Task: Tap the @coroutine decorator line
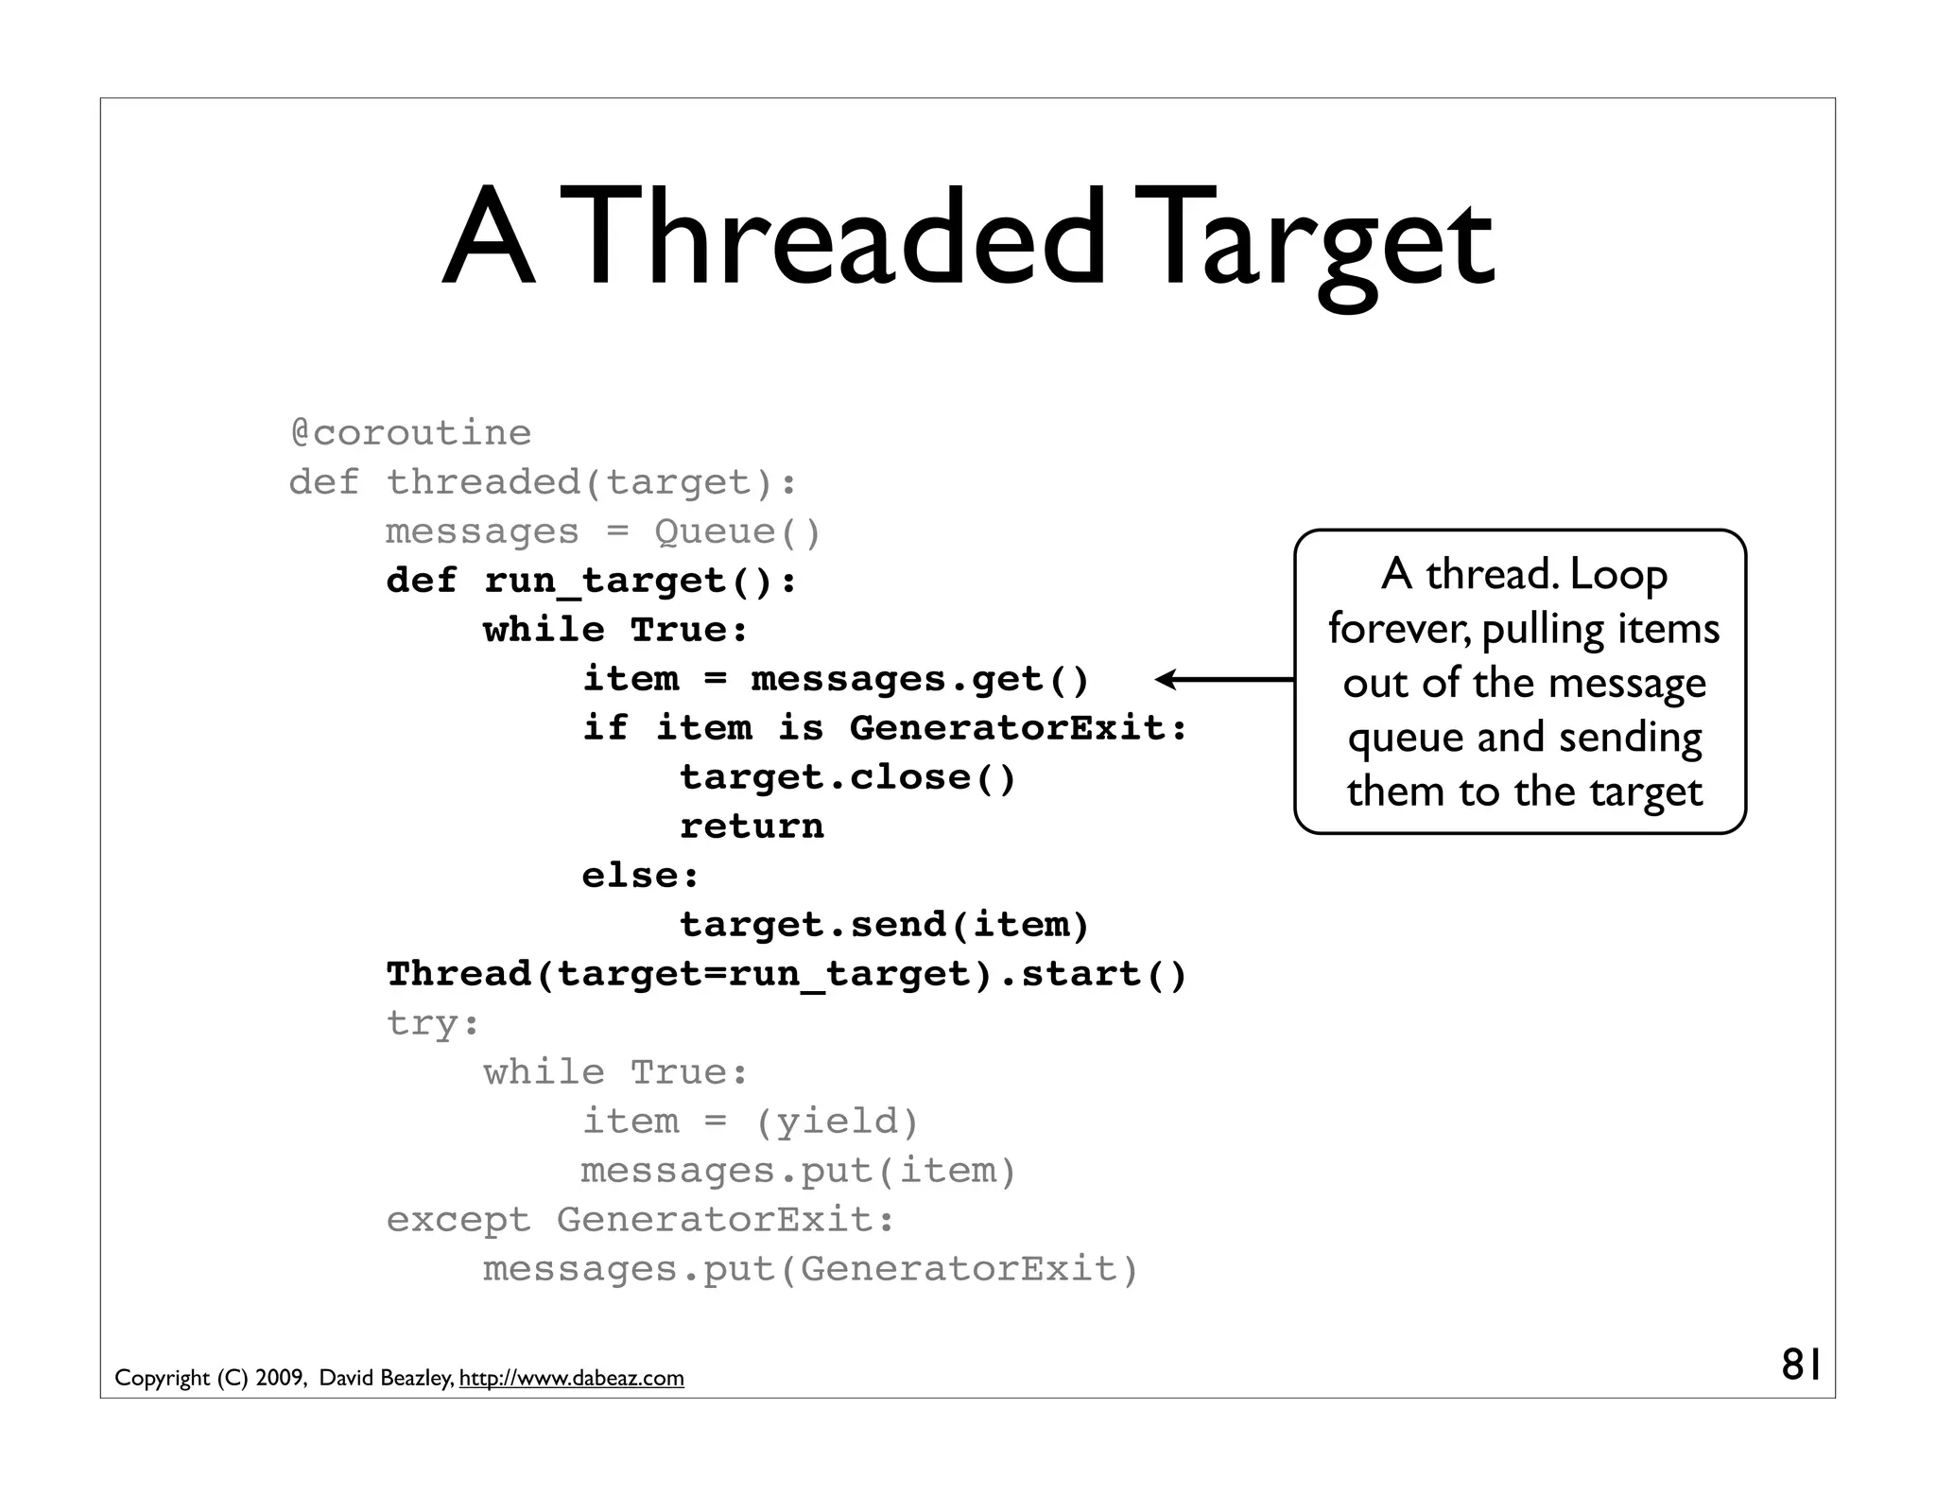point(410,433)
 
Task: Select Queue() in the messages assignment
point(737,531)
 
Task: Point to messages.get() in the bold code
point(920,679)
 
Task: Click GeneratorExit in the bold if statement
point(1017,728)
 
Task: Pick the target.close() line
point(847,777)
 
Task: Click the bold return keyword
point(752,826)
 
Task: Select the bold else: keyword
point(640,876)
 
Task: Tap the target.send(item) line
point(884,925)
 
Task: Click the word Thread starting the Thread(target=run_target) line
point(459,974)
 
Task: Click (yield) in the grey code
point(837,1122)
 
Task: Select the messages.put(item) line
point(798,1171)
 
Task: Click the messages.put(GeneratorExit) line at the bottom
point(810,1269)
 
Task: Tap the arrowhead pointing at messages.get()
point(1167,679)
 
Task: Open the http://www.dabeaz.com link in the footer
point(571,1379)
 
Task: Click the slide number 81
point(1801,1366)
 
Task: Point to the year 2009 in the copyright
point(281,1379)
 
